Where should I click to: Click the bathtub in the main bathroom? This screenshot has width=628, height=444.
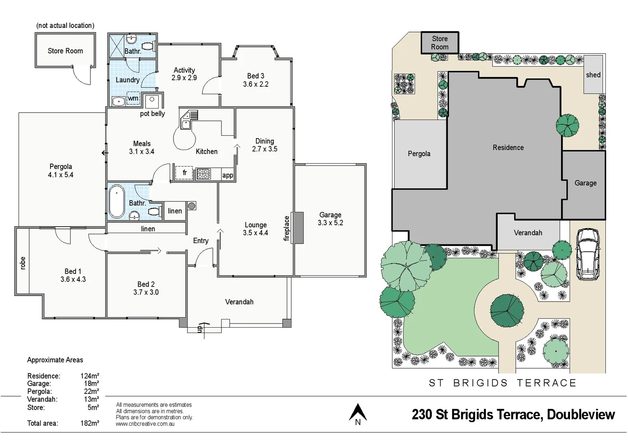117,201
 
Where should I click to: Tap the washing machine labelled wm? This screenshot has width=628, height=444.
133,99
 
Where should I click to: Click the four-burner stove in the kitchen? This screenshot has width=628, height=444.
203,174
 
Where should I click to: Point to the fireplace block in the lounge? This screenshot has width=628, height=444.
299,228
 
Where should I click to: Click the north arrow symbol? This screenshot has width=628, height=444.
358,413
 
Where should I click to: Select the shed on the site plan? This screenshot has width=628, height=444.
593,74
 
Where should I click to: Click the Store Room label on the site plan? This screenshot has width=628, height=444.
439,43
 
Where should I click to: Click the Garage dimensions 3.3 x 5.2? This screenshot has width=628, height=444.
330,223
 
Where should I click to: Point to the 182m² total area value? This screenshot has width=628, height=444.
90,423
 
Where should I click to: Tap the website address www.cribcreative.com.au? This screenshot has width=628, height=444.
145,424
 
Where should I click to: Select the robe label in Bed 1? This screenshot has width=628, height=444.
23,263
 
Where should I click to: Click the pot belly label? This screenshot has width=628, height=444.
152,114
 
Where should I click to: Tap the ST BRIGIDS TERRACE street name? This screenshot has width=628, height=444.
502,383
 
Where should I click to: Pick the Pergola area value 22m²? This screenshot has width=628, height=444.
91,391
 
